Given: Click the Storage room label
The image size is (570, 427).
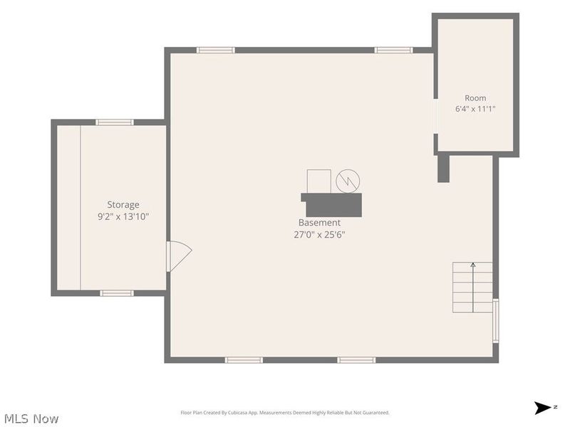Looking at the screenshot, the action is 123,205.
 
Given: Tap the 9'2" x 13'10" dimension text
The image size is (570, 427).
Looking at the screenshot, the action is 123,217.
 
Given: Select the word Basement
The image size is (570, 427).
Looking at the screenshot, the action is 319,223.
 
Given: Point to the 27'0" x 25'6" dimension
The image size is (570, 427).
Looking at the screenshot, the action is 319,235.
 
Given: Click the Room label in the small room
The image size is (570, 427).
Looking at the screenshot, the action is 475,98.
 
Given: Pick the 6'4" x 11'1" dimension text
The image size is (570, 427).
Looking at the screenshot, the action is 475,109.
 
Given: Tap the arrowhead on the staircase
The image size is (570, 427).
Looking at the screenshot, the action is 473,265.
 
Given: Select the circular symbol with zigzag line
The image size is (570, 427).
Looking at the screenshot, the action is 348,181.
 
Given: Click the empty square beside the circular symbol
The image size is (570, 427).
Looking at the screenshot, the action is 318,181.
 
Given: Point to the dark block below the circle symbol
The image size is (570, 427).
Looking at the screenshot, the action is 331,205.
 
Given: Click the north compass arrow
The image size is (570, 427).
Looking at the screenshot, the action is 543,408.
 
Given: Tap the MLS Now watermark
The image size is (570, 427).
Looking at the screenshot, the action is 31,418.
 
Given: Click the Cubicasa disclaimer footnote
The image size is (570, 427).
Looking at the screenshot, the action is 285,413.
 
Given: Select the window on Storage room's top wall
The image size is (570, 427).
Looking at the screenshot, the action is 115,122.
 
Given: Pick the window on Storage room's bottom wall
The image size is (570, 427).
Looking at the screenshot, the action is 117,293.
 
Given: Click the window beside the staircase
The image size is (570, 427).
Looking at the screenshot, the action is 495,321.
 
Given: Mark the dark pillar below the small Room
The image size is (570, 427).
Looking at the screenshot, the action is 443,169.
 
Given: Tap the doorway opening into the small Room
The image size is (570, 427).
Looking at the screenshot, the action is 435,116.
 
